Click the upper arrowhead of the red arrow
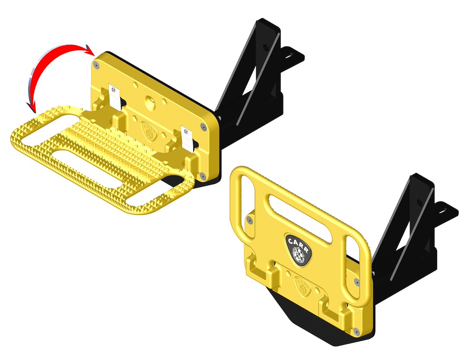(x=90, y=49)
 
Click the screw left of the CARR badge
(x=251, y=221)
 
